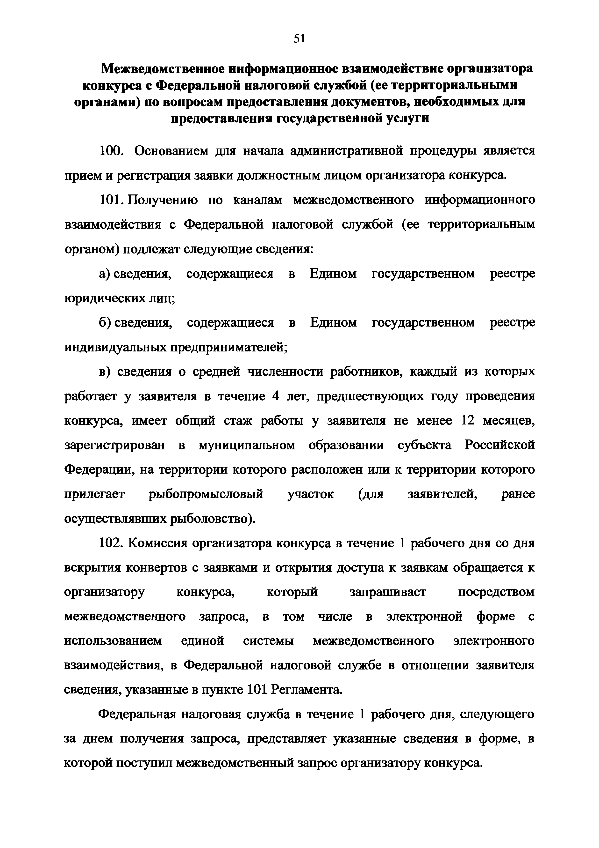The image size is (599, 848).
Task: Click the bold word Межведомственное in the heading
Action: pos(161,69)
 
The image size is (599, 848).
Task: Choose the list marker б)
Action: pos(105,323)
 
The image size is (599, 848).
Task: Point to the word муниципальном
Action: pos(247,446)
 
